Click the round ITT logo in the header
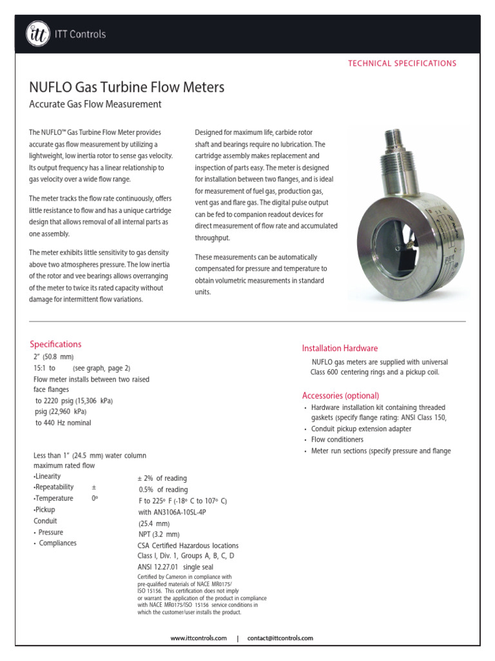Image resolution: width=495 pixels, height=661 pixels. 37,34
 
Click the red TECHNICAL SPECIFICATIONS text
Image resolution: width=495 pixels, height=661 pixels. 402,63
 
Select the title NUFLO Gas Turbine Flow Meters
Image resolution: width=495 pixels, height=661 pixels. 127,86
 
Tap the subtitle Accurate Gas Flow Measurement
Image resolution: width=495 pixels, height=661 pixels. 95,104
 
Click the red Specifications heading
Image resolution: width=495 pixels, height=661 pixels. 56,344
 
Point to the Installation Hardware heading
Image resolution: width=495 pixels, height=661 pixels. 340,348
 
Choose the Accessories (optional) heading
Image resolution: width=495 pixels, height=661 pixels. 340,395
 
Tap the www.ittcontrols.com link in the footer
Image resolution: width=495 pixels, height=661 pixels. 199,638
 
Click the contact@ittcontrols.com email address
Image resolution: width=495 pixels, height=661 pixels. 280,638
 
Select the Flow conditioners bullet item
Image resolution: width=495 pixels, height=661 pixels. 337,440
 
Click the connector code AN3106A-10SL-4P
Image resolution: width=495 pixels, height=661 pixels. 172,512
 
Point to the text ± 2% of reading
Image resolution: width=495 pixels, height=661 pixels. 162,478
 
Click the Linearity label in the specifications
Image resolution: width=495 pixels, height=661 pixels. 47,476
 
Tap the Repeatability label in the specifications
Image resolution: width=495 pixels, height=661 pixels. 55,487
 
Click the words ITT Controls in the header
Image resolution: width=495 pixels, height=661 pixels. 80,34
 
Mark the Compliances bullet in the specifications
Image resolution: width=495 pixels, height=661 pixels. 57,543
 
